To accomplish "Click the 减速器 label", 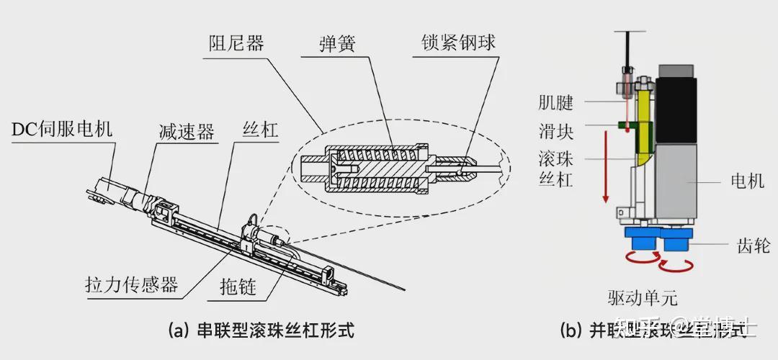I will (x=187, y=132).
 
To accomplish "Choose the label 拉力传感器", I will (x=131, y=284).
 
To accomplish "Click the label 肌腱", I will (x=556, y=102).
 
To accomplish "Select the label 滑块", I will (x=556, y=132).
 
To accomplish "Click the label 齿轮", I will (x=754, y=246).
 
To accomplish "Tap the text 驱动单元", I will (x=643, y=297).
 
